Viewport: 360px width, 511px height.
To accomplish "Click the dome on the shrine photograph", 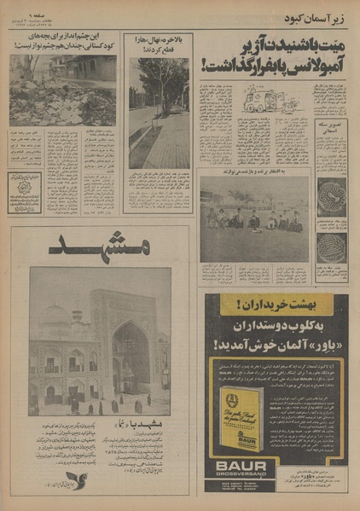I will tap(53, 322).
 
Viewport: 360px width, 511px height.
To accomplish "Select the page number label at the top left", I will tap(32, 15).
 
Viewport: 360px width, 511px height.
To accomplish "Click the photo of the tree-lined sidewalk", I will tap(160, 113).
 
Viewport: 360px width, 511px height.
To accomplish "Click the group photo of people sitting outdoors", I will tap(255, 219).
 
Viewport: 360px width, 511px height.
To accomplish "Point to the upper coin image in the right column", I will tap(332, 196).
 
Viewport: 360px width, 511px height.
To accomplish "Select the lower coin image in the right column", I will tap(332, 249).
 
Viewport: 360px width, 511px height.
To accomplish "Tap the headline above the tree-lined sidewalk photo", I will tap(159, 44).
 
